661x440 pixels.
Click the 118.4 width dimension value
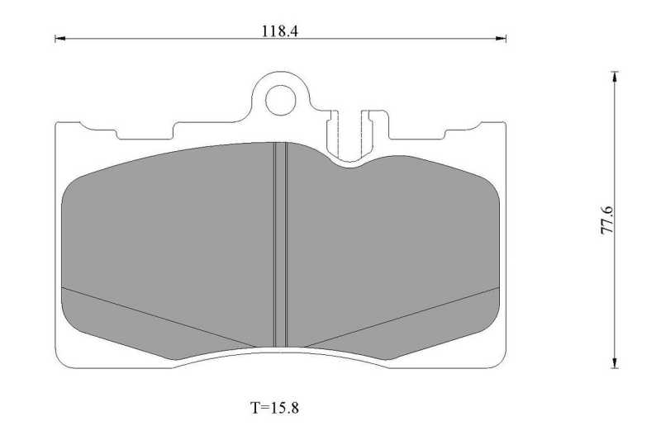click(279, 31)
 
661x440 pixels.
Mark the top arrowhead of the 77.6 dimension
click(615, 77)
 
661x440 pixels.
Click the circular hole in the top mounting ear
click(279, 99)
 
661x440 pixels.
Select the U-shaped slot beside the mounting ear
click(353, 132)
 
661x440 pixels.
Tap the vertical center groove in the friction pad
click(280, 244)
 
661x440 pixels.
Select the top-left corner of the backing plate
click(57, 124)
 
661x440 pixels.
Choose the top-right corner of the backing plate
click(503, 124)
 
